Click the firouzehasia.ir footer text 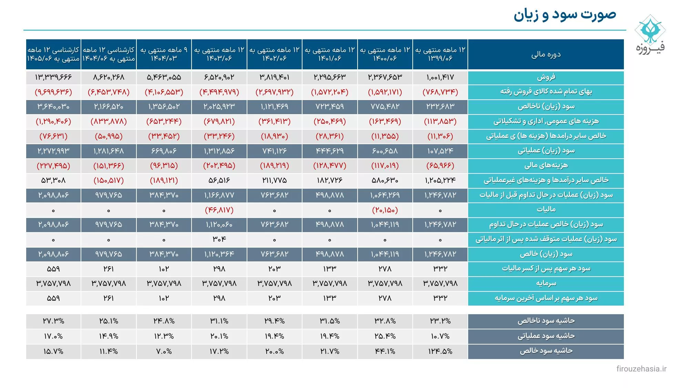coord(641,369)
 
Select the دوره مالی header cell coord(546,54)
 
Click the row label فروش coord(546,77)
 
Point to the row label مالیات coord(546,210)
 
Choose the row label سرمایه coord(546,283)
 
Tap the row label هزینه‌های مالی coord(546,166)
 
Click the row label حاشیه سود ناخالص coord(546,321)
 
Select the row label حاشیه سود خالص coord(546,351)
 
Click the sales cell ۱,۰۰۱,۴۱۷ coord(440,77)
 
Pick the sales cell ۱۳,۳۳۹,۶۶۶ coord(53,77)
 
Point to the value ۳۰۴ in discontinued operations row coord(219,239)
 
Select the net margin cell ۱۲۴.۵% coord(440,351)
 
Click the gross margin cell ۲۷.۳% coord(53,321)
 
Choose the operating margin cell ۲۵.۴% coord(385,336)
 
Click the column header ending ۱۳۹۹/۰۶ coord(440,54)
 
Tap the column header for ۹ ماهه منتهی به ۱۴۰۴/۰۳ coord(164,54)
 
